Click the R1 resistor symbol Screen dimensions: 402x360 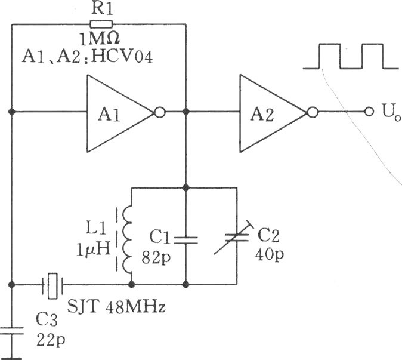point(101,24)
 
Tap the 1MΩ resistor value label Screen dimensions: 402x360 point(99,39)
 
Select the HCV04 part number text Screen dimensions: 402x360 point(122,57)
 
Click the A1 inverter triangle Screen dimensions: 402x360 point(120,113)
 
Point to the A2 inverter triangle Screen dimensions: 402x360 point(273,113)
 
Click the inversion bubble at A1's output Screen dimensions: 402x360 point(160,112)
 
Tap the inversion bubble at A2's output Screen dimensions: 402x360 point(313,112)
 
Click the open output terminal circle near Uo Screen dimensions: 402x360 point(369,112)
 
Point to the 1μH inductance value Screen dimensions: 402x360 point(93,249)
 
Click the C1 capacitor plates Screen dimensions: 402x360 point(186,240)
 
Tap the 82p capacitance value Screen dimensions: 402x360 point(156,259)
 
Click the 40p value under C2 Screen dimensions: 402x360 point(269,254)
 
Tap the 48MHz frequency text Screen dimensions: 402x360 point(135,307)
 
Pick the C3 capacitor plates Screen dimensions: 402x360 point(11,331)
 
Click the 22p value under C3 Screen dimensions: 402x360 point(51,340)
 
